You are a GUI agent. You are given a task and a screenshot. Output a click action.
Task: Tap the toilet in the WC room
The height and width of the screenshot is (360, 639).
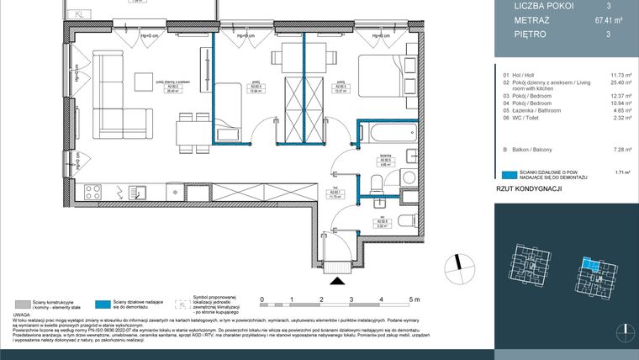coord(404,222)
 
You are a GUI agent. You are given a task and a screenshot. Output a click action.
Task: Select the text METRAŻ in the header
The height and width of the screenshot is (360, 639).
coord(531,20)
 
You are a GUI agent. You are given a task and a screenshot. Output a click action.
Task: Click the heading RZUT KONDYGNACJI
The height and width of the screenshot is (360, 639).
coord(529,190)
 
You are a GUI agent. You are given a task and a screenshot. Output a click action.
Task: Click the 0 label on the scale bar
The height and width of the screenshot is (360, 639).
coord(261,299)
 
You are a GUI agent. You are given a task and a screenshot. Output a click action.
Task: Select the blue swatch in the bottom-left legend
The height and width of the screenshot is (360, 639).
coord(103,304)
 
